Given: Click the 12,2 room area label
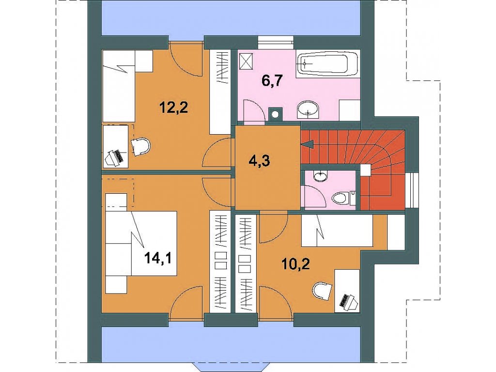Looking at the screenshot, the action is [174, 108].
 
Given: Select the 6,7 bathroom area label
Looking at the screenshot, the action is [272, 81].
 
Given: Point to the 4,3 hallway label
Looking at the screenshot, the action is [259, 161].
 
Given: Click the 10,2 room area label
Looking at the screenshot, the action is [296, 263].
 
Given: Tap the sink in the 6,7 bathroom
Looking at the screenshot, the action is [308, 110].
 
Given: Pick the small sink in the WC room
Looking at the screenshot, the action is [321, 175].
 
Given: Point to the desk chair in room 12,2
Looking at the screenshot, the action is [141, 147].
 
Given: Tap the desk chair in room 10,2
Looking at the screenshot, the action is [323, 290].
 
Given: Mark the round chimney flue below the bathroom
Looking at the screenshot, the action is [275, 114].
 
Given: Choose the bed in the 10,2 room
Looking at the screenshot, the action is [337, 231].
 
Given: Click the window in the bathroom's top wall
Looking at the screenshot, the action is [275, 40].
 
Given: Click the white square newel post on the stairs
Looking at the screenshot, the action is [366, 170].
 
